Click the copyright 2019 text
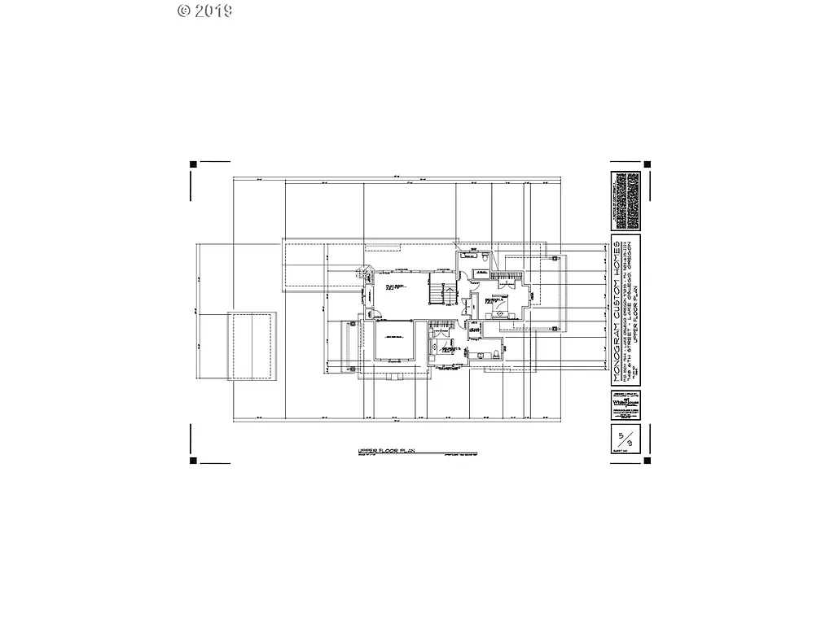[x=204, y=11]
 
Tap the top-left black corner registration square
[x=193, y=164]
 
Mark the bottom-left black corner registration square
[x=193, y=461]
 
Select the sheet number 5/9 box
[x=625, y=440]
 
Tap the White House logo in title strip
[x=625, y=404]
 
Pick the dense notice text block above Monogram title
[x=625, y=200]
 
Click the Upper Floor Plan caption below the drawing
[x=387, y=450]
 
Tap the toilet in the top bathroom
[x=485, y=257]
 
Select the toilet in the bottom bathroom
[x=494, y=355]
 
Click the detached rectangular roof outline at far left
[x=252, y=344]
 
